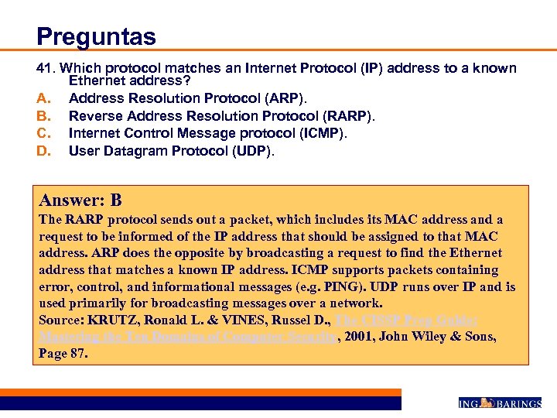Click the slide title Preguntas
point(96,36)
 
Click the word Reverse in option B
point(92,115)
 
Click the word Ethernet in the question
point(94,80)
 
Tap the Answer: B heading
point(80,200)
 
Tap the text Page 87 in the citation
point(63,353)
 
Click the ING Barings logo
point(499,403)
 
